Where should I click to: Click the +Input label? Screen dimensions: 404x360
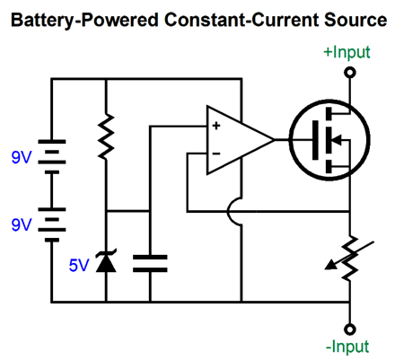(347, 52)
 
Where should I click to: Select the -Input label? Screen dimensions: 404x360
(347, 347)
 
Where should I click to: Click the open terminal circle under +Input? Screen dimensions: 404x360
(350, 73)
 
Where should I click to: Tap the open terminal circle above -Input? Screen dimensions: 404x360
(350, 329)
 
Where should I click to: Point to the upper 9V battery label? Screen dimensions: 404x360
(22, 157)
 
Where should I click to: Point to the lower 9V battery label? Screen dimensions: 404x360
(22, 224)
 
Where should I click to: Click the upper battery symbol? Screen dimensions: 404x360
(52, 156)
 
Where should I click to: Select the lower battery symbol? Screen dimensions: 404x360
(52, 224)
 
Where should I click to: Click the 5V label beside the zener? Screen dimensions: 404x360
(79, 265)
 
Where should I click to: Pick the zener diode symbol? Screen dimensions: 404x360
(106, 261)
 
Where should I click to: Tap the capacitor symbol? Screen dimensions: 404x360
(150, 264)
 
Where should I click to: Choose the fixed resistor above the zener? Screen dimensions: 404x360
(106, 136)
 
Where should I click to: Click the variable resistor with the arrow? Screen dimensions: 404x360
(350, 258)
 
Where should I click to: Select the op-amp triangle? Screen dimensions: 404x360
(241, 140)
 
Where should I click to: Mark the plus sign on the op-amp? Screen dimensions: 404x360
(216, 126)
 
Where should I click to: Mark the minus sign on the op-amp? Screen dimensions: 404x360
(216, 154)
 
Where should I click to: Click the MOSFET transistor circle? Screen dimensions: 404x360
(329, 140)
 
